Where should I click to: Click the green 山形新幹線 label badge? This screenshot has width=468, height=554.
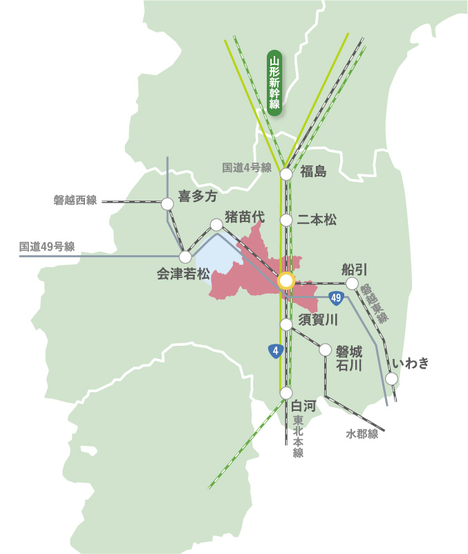274,84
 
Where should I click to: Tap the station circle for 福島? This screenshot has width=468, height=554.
286,175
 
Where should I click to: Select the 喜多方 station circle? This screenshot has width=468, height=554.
167,204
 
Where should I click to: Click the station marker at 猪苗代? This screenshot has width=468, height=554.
216,225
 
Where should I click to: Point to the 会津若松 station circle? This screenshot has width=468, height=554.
185,257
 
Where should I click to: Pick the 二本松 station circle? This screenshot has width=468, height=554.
286,221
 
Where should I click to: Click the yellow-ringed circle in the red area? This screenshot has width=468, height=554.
286,281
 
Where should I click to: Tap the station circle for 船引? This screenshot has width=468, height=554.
352,284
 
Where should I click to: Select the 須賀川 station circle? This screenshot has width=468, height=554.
286,324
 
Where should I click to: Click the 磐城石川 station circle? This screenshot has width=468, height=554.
325,350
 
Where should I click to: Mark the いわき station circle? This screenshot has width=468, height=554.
392,378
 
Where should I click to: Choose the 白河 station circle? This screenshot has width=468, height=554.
286,393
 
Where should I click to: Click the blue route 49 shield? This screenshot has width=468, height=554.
337,298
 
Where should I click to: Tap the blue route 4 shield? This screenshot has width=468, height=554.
276,351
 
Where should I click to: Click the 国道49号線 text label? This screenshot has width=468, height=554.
47,246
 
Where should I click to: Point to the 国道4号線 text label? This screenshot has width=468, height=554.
247,167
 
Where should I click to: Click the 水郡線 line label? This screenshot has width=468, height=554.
362,434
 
